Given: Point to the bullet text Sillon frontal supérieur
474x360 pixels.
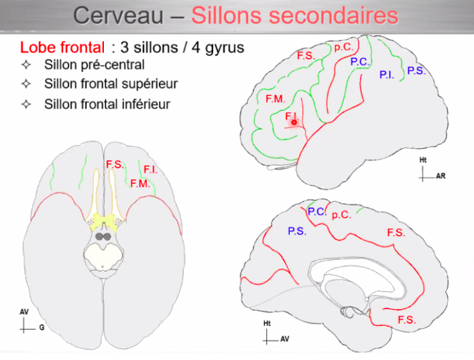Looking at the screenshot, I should [x=111, y=84].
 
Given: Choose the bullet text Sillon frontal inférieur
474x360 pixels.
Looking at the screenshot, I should [x=107, y=104].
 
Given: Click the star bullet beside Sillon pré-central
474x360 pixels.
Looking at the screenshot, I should [x=26, y=65].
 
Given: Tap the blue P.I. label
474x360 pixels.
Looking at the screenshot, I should [x=386, y=75].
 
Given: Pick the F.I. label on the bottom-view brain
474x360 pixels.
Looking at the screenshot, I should [x=150, y=170].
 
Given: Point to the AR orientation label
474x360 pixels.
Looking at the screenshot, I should [x=440, y=177].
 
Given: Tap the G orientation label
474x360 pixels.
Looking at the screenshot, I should [x=41, y=328].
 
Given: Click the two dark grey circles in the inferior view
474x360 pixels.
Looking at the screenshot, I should [x=103, y=236].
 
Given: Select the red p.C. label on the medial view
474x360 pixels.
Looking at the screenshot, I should [x=341, y=215].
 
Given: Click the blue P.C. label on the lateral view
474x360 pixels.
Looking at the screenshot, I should [x=359, y=62].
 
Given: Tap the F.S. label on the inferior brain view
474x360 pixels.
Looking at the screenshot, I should [x=113, y=164].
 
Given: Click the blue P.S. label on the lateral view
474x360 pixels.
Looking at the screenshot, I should [x=416, y=70].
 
